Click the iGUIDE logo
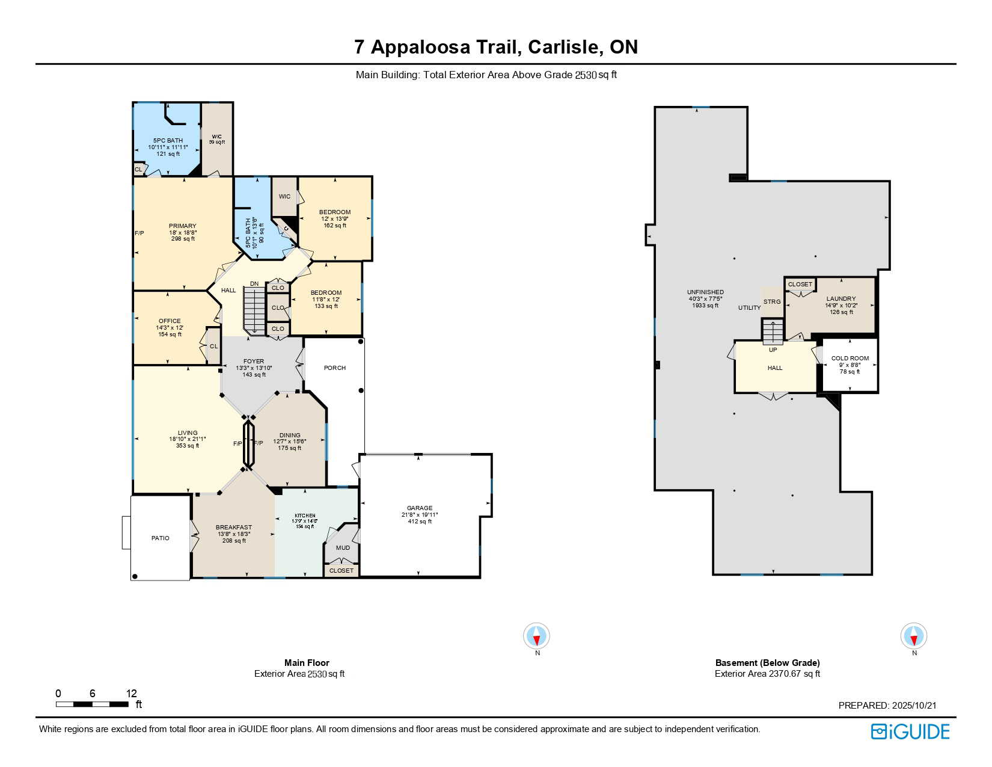pyautogui.click(x=910, y=732)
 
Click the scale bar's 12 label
pyautogui.click(x=132, y=693)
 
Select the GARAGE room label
pyautogui.click(x=419, y=508)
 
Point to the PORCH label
pyautogui.click(x=335, y=368)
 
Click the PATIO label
pyautogui.click(x=160, y=538)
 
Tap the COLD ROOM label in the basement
pyautogui.click(x=850, y=359)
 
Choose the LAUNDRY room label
pyautogui.click(x=840, y=299)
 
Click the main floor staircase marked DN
pyautogui.click(x=254, y=309)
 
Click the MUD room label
pyautogui.click(x=343, y=548)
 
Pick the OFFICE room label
pyautogui.click(x=170, y=321)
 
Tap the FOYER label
pyautogui.click(x=254, y=362)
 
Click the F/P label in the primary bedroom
pyautogui.click(x=139, y=233)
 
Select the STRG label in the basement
pyautogui.click(x=771, y=302)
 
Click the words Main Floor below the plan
pyautogui.click(x=307, y=663)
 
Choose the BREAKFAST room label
pyautogui.click(x=234, y=528)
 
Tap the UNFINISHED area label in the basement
pyautogui.click(x=706, y=292)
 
